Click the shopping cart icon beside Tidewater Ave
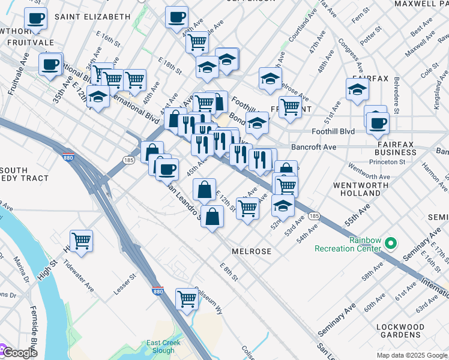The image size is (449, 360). [x=81, y=241]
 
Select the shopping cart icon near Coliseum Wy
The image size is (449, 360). [x=187, y=298]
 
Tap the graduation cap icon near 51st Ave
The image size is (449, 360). [x=357, y=89]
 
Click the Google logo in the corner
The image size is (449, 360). [x=19, y=353]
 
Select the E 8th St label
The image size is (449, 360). [x=229, y=272]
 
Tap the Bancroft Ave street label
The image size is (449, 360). [x=313, y=146]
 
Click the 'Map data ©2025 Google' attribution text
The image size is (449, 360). [x=412, y=355]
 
